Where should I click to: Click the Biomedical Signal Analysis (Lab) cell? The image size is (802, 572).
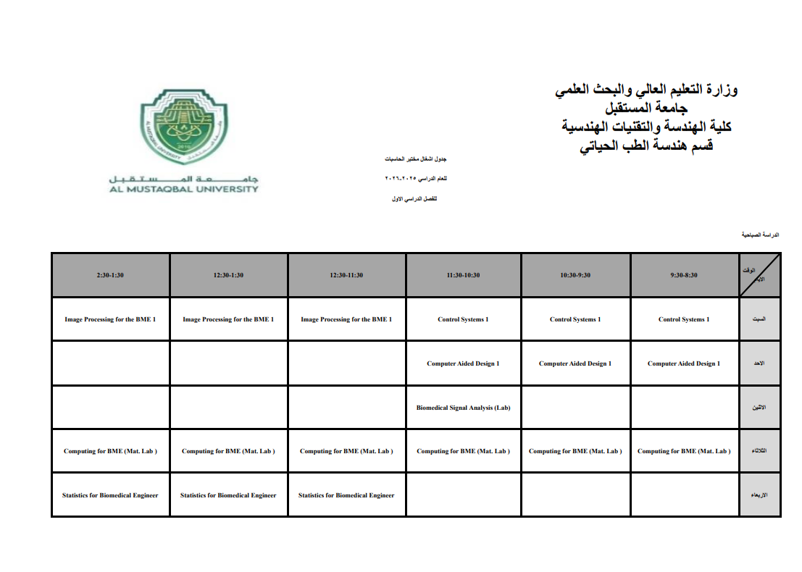pyautogui.click(x=463, y=408)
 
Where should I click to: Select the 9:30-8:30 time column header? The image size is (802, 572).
pyautogui.click(x=684, y=275)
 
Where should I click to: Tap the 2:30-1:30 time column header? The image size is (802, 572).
pyautogui.click(x=111, y=275)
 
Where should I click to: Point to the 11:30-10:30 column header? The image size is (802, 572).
pyautogui.click(x=463, y=275)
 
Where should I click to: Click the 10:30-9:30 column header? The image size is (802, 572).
pyautogui.click(x=575, y=275)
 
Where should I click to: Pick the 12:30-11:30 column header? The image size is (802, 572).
pyautogui.click(x=346, y=275)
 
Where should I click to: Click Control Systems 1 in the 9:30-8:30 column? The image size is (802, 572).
pyautogui.click(x=684, y=319)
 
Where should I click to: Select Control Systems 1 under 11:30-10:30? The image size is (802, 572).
pyautogui.click(x=463, y=319)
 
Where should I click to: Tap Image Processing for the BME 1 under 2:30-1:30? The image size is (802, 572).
pyautogui.click(x=110, y=319)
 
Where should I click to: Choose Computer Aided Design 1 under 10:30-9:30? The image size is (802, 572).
pyautogui.click(x=575, y=363)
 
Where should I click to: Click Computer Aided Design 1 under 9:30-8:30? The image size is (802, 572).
pyautogui.click(x=684, y=363)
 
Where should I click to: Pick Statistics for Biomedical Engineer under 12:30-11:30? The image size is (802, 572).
pyautogui.click(x=346, y=495)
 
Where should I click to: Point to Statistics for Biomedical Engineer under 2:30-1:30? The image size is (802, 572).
pyautogui.click(x=110, y=495)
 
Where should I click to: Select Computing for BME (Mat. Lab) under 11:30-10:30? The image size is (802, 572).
pyautogui.click(x=463, y=451)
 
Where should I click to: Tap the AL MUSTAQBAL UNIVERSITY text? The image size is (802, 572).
pyautogui.click(x=184, y=189)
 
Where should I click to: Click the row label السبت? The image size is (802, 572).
pyautogui.click(x=760, y=319)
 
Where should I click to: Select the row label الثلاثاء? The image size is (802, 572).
pyautogui.click(x=759, y=451)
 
